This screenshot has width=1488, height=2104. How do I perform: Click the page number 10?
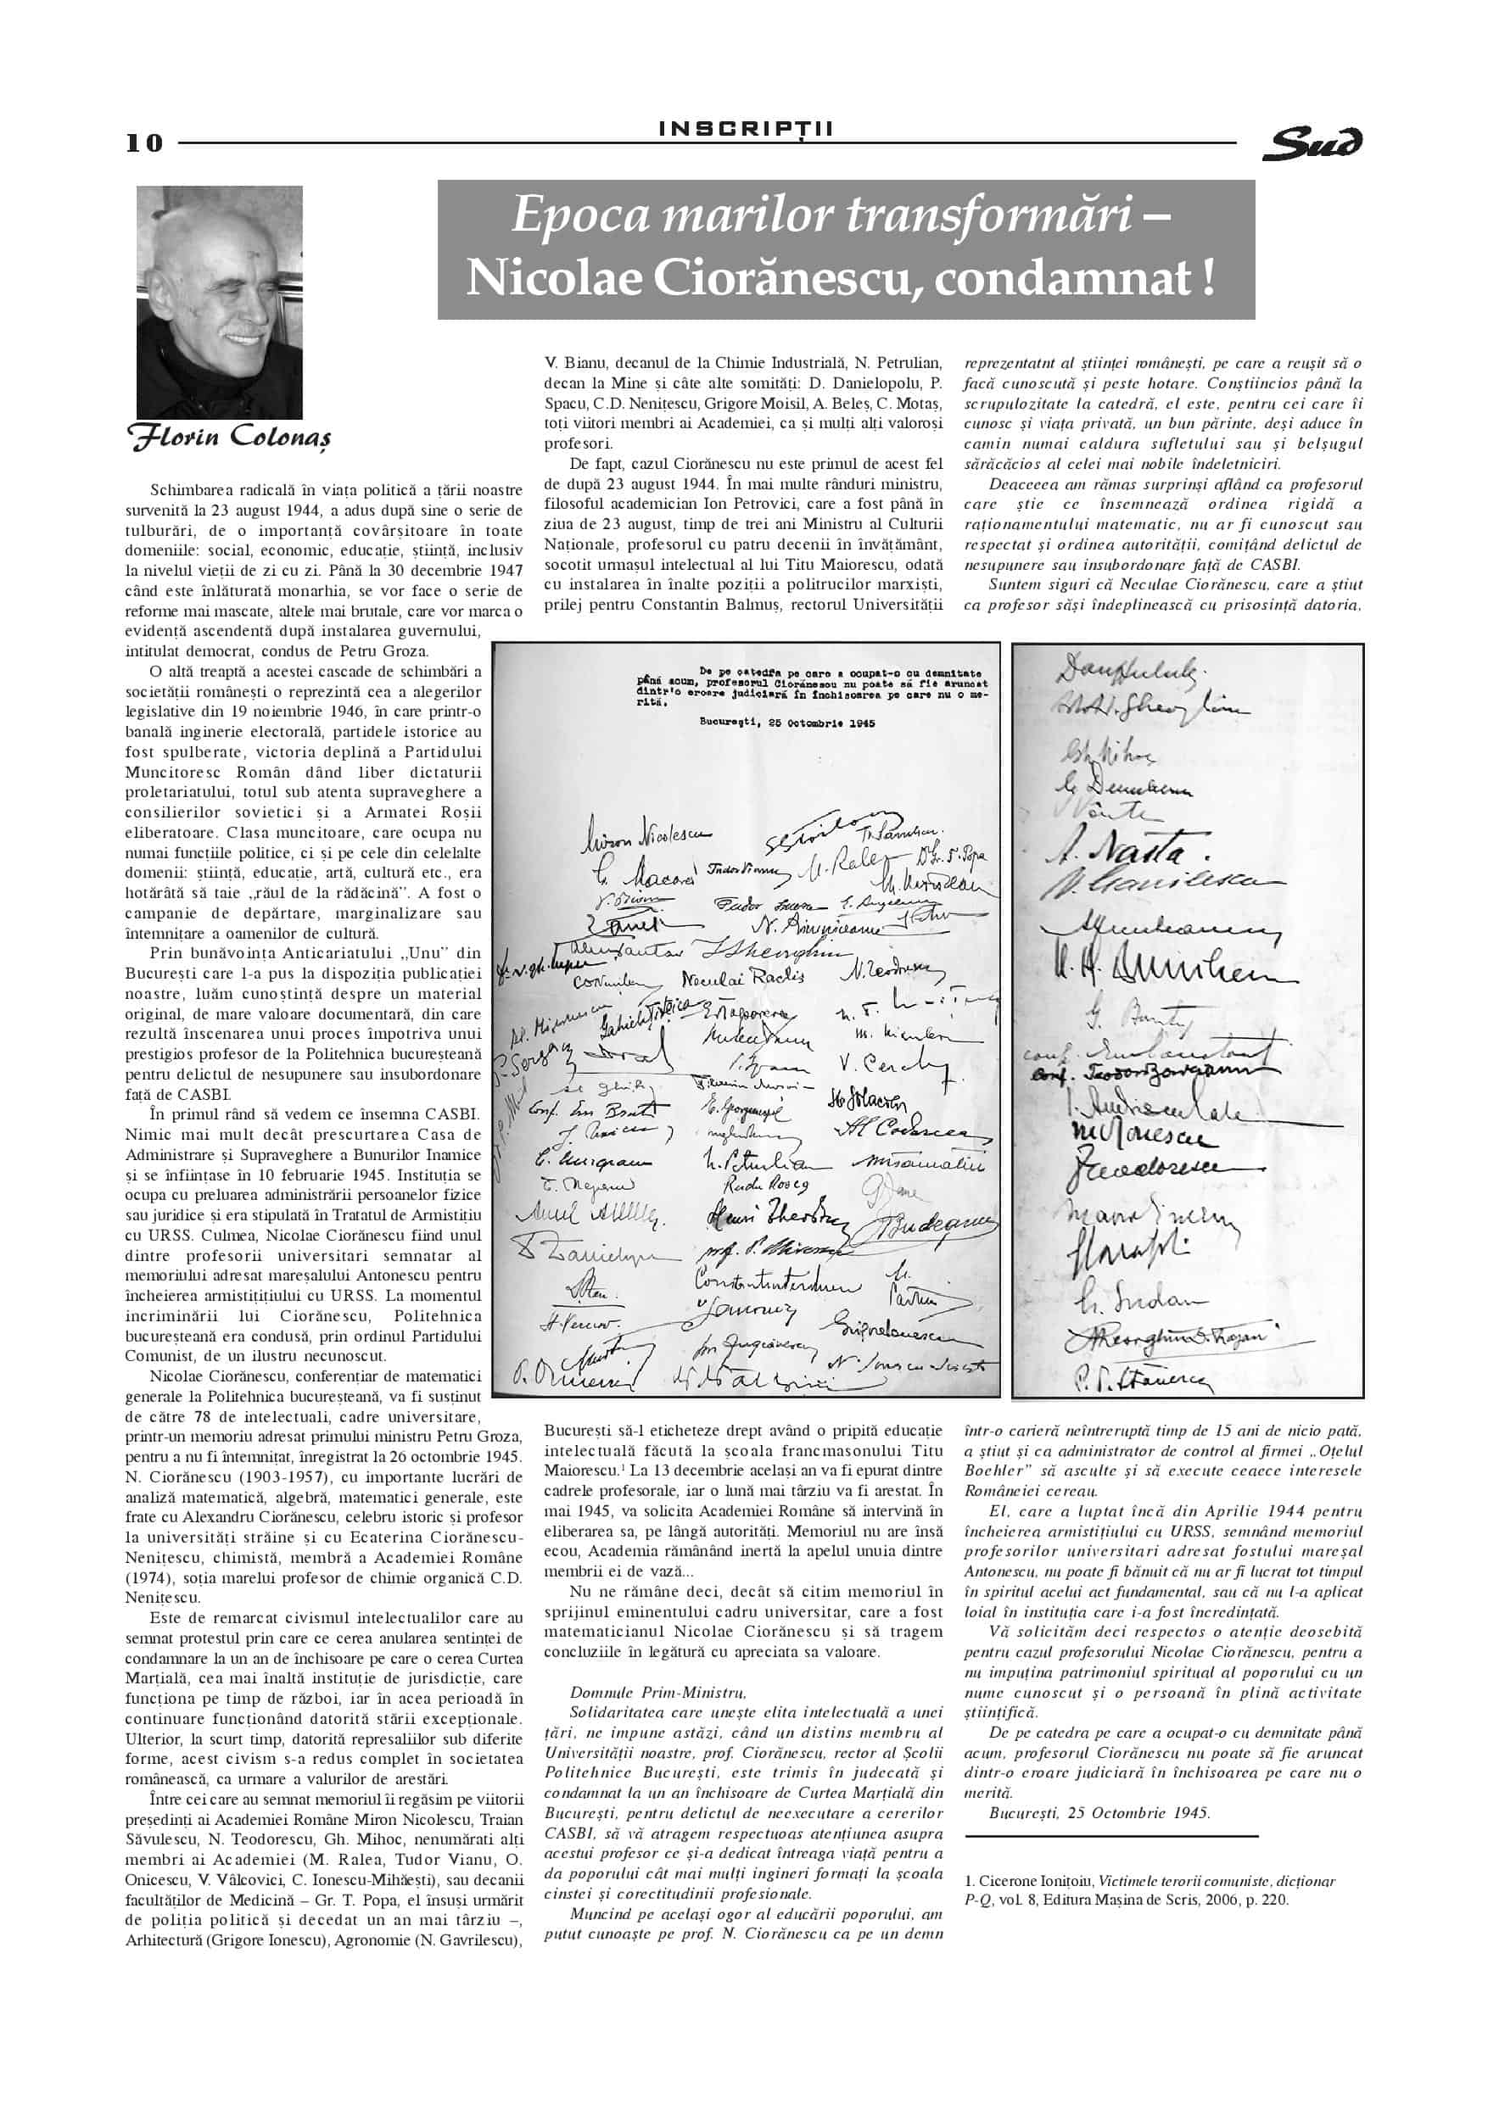click(x=144, y=143)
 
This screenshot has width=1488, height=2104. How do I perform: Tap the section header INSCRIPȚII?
click(x=747, y=129)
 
